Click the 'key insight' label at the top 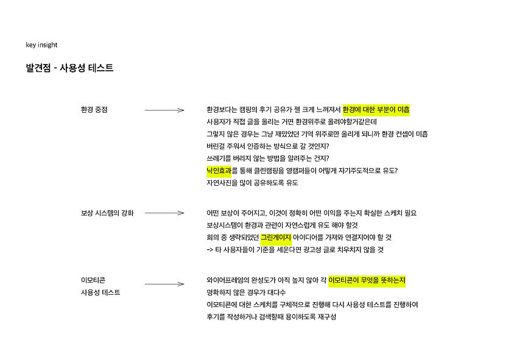point(41,45)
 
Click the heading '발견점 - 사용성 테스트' point(69,68)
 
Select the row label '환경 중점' point(94,110)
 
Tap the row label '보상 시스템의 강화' point(107,213)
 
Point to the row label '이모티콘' point(93,280)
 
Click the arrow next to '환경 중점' point(164,110)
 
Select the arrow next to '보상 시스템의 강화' point(164,213)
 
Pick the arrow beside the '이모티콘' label point(164,281)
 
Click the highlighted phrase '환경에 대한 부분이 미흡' point(376,110)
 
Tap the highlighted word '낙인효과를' point(222,171)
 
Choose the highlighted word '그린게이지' point(276,238)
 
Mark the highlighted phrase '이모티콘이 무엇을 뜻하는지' point(367,280)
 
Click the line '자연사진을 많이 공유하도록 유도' point(252,183)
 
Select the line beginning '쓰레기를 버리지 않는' point(268,158)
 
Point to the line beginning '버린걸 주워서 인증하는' point(267,146)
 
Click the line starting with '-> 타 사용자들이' point(295,250)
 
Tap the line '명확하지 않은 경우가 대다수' point(242,292)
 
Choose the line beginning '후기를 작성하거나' point(271,317)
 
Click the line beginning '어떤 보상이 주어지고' point(312,213)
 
